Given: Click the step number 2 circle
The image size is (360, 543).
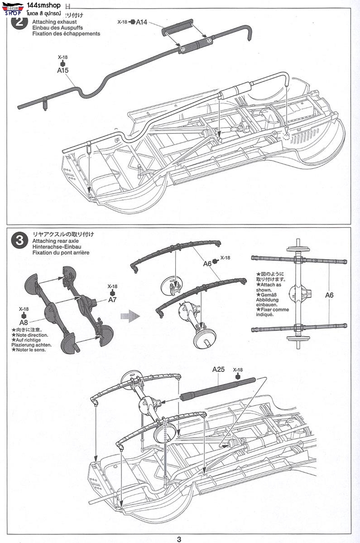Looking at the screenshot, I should [19, 23].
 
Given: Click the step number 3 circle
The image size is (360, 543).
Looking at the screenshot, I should [19, 240].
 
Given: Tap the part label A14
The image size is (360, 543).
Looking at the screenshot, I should [142, 22].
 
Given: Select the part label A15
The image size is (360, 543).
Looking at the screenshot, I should [62, 71].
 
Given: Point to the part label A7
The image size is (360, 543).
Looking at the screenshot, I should [112, 300].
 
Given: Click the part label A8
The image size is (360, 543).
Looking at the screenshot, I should [24, 323].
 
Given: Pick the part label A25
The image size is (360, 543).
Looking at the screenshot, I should [218, 369].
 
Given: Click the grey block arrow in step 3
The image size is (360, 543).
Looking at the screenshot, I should [132, 315].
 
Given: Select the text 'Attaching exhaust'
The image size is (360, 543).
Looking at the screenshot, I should [54, 22].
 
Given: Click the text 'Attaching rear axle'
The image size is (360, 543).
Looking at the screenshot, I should [56, 241].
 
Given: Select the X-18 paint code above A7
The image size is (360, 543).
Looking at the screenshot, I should [112, 286].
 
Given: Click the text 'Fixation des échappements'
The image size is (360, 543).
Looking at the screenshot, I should [66, 33].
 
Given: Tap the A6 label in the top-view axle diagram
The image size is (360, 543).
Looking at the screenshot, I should [329, 295].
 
